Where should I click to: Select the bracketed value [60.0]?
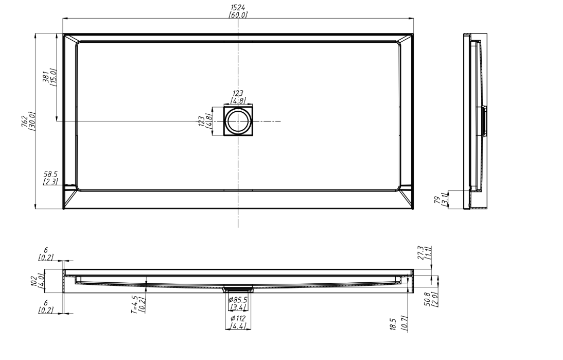tap(238, 15)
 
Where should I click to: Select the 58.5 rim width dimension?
tap(50, 175)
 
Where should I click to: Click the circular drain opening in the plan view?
tap(238, 121)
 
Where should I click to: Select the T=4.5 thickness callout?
tap(134, 304)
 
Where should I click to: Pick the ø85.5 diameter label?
tap(237, 300)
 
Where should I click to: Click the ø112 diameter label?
tap(237, 319)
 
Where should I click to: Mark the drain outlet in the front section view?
tap(237, 288)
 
